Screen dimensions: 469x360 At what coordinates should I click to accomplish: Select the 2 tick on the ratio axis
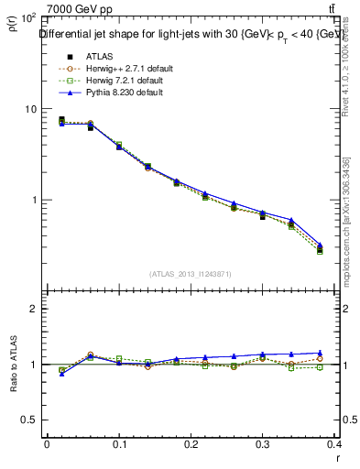pyautogui.click(x=31, y=309)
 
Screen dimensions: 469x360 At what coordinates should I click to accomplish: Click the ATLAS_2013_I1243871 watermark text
pyautogui.click(x=191, y=274)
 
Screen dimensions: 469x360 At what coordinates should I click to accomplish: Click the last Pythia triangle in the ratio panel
pyautogui.click(x=320, y=353)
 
